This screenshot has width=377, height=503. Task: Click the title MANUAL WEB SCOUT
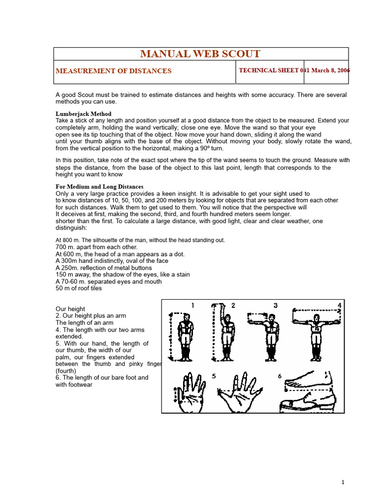click(x=200, y=54)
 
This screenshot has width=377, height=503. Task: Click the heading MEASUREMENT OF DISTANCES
click(x=113, y=71)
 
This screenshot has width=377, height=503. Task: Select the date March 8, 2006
click(x=330, y=70)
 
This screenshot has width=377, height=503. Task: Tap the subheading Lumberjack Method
click(x=83, y=114)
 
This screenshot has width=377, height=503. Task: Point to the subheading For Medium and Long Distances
click(x=99, y=187)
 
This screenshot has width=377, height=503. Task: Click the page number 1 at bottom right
click(x=343, y=482)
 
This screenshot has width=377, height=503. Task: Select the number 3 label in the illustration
click(x=275, y=306)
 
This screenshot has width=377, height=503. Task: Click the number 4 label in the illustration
click(x=339, y=306)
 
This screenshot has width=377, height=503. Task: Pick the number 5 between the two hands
click(x=214, y=376)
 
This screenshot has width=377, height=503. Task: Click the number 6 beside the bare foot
click(x=279, y=376)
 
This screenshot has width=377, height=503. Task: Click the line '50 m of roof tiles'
click(x=79, y=288)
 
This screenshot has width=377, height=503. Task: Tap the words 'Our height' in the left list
click(x=70, y=309)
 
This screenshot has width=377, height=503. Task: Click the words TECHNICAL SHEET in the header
click(x=269, y=70)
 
